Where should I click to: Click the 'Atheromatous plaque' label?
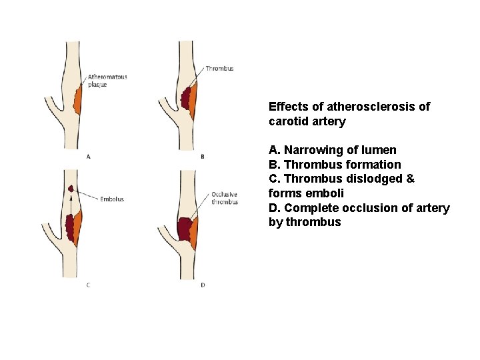[107, 81]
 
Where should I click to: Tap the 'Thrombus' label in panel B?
[219, 69]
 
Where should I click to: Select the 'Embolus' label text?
[112, 199]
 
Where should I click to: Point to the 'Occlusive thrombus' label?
[225, 198]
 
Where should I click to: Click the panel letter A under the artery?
[89, 157]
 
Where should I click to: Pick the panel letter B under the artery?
[203, 157]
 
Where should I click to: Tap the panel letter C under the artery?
[88, 285]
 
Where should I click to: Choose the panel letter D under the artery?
[203, 285]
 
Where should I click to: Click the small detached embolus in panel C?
[70, 189]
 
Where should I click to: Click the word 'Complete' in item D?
[307, 208]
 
